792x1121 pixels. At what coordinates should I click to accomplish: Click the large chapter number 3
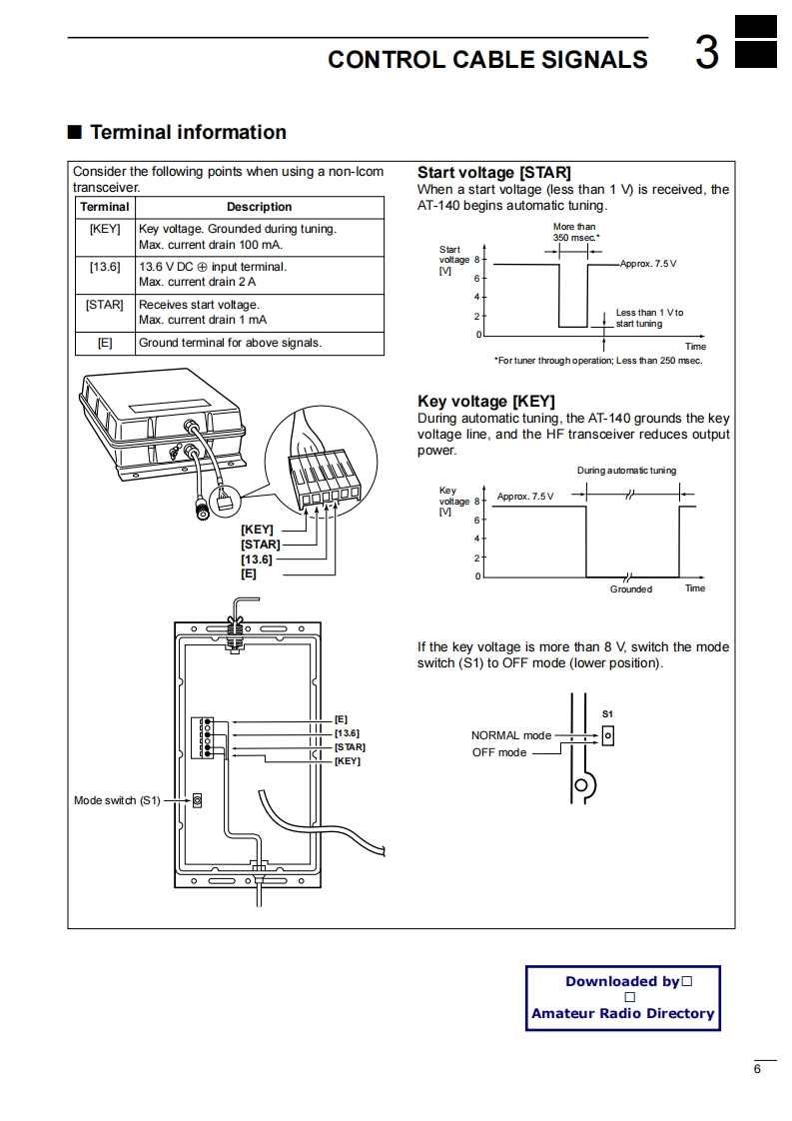point(706,53)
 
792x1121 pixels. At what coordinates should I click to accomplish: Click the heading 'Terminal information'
point(188,132)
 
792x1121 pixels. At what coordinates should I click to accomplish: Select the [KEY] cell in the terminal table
point(105,229)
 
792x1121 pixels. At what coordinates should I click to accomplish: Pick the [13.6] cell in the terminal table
point(105,267)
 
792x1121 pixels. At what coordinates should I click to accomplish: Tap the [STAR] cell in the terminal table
point(105,305)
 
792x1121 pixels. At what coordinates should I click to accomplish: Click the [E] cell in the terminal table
point(105,343)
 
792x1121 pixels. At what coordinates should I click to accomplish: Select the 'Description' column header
point(259,207)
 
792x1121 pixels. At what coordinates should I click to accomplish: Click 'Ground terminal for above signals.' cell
point(230,343)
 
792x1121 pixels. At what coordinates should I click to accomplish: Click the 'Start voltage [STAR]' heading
point(493,173)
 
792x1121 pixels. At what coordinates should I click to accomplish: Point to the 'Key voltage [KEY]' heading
point(485,402)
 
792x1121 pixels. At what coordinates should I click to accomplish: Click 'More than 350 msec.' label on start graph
point(575,233)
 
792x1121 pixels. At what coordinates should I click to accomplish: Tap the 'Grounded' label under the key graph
point(631,589)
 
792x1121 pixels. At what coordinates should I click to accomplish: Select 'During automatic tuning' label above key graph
point(626,471)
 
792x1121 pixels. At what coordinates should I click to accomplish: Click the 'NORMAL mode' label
point(510,735)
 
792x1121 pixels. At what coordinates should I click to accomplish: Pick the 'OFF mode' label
point(499,752)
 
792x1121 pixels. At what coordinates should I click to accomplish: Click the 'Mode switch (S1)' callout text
point(117,800)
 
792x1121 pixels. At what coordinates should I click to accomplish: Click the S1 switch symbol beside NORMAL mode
point(607,735)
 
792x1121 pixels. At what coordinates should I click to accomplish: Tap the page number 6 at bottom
point(757,1070)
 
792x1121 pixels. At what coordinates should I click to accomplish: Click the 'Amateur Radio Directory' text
point(623,1013)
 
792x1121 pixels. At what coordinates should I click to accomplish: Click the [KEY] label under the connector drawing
point(257,530)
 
